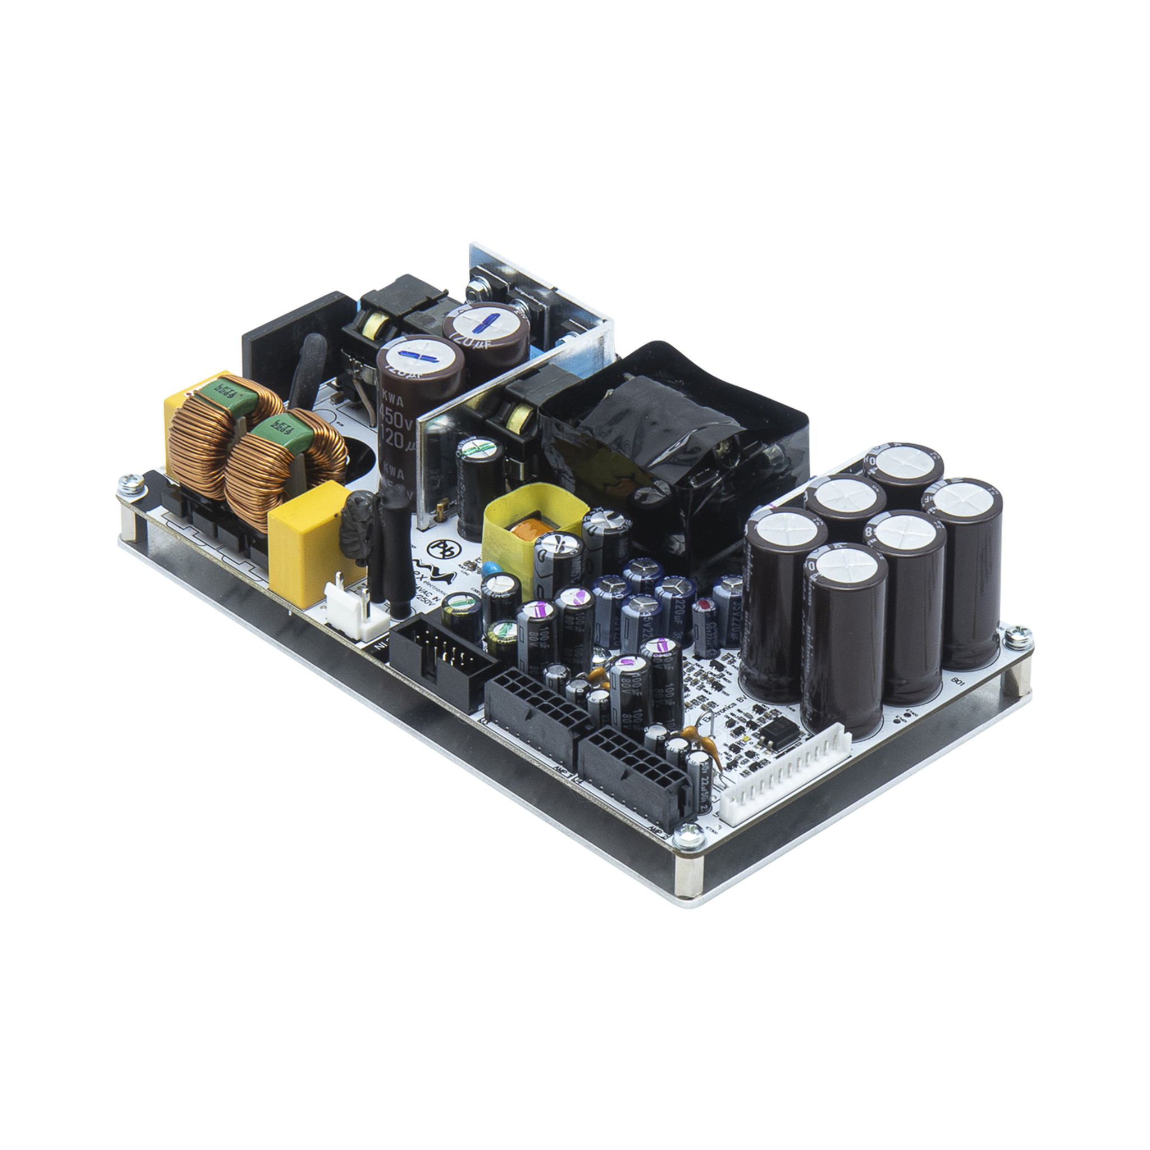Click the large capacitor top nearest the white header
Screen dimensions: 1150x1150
pyautogui.click(x=845, y=571)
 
